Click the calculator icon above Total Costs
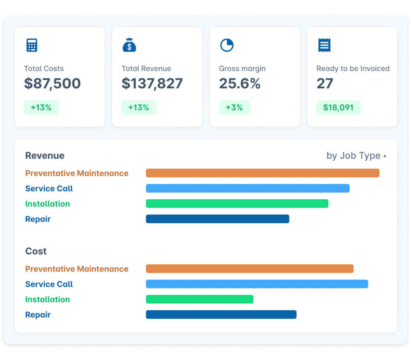tap(32, 45)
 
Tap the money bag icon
tap(129, 45)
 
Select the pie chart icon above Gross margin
tap(227, 45)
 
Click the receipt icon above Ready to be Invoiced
tap(324, 45)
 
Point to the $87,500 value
tap(52, 84)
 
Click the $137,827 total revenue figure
tap(152, 84)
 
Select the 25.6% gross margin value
tap(240, 84)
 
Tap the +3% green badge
tap(234, 108)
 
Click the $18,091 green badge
tap(338, 108)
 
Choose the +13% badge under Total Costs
tap(41, 108)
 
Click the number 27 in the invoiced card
tap(325, 84)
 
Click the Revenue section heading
tap(45, 156)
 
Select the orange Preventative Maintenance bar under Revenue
tap(262, 173)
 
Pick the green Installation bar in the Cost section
tap(199, 299)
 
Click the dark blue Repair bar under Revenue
tap(217, 219)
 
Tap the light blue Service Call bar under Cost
tap(257, 284)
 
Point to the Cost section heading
tap(36, 252)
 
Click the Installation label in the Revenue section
tap(47, 204)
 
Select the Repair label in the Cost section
tap(38, 315)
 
